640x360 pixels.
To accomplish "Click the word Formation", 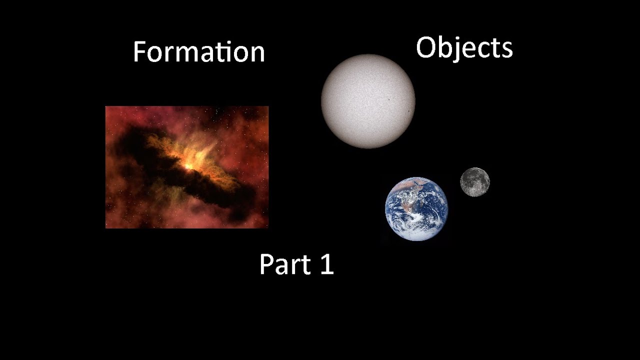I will [198, 52].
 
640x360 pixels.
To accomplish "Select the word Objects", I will [464, 48].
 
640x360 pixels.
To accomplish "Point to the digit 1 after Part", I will [325, 264].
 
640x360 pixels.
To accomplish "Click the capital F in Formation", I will [140, 52].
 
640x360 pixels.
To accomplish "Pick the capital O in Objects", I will [426, 48].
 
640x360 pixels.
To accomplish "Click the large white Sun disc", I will [367, 101].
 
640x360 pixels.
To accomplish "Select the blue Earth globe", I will [416, 209].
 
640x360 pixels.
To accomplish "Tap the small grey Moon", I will [474, 182].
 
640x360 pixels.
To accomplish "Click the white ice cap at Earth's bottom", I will [417, 234].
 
